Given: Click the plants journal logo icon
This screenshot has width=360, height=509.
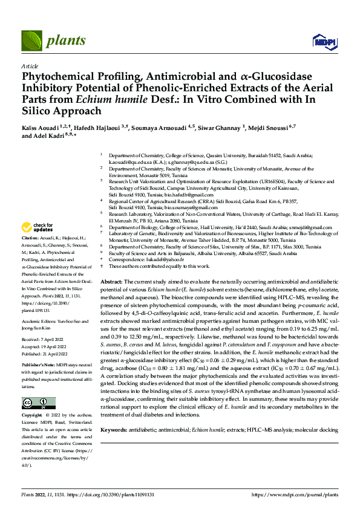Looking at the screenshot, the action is [30, 41].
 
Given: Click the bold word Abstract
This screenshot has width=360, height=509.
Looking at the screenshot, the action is [111, 282].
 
